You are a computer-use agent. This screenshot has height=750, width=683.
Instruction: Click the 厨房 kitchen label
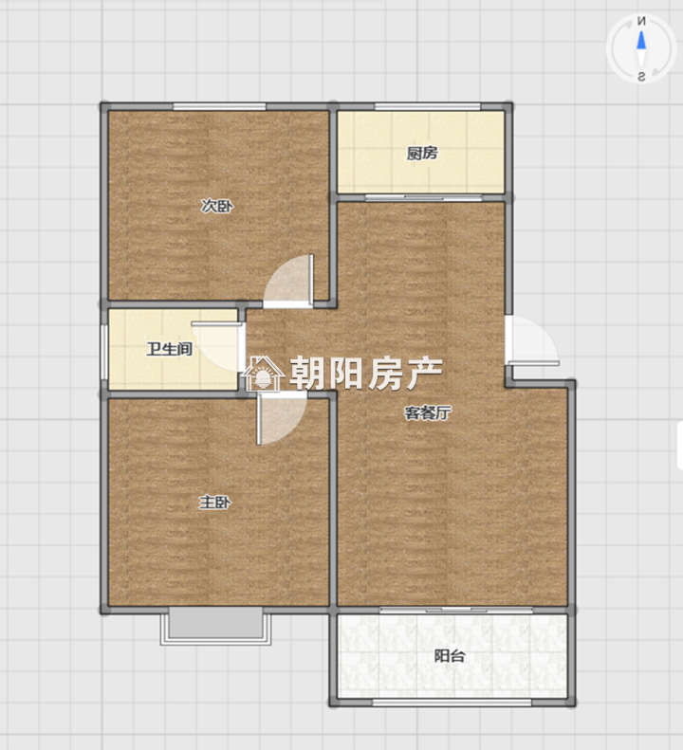click(422, 153)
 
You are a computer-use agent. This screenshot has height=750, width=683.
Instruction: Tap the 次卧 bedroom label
click(217, 206)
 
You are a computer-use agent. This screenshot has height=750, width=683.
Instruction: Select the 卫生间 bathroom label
click(170, 349)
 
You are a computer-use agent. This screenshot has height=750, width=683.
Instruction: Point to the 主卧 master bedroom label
click(215, 503)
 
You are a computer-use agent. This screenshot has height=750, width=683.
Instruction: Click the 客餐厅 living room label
click(428, 412)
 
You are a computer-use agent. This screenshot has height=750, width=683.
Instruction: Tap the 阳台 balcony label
click(450, 656)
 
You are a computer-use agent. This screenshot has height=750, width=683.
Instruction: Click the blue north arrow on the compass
click(641, 40)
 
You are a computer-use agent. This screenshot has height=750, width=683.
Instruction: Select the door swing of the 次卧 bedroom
click(288, 282)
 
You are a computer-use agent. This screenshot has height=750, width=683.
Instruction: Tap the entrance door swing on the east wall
click(532, 340)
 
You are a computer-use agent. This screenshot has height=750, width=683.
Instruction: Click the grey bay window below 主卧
click(215, 626)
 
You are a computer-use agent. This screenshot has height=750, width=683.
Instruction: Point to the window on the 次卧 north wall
click(219, 106)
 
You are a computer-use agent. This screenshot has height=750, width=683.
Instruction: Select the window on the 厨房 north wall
click(428, 106)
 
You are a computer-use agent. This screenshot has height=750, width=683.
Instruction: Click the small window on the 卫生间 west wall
click(103, 353)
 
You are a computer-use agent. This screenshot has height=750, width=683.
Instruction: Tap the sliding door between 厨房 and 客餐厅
click(424, 197)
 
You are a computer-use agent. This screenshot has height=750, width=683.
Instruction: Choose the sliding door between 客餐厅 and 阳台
click(456, 610)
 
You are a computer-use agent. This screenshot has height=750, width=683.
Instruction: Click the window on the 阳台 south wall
click(452, 703)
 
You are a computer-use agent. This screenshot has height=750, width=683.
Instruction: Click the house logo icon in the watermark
click(263, 374)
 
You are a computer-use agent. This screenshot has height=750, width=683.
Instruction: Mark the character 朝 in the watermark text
click(306, 373)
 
